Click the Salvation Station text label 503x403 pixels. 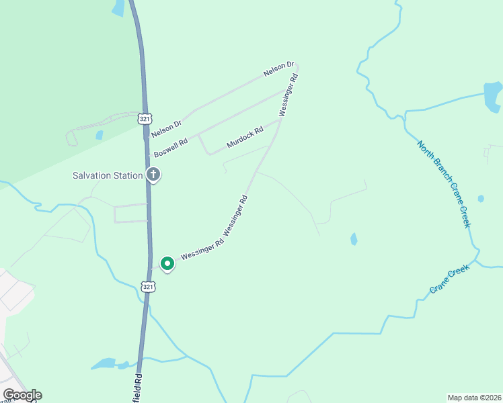pos(108,175)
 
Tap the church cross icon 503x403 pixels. pos(153,175)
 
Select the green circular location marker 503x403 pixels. pos(167,263)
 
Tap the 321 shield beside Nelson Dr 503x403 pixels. pos(144,119)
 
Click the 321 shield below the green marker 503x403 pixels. pos(148,286)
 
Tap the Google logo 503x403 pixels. pos(22,394)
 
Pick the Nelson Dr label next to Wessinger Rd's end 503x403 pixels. pos(279,69)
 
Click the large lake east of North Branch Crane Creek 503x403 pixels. pos(493,95)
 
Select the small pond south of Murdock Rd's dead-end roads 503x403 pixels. pos(354,239)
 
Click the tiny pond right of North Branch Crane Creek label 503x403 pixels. pos(481,199)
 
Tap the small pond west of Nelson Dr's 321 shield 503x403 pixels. pos(100,135)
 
